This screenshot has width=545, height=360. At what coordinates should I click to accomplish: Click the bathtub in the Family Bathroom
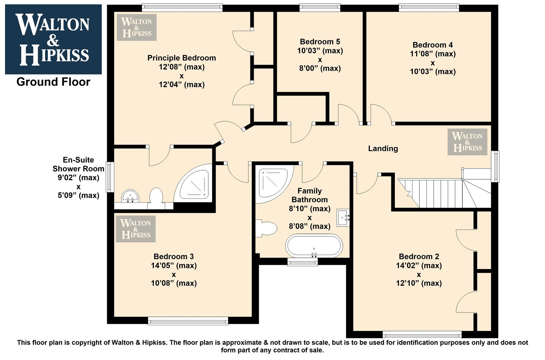click(x=314, y=246)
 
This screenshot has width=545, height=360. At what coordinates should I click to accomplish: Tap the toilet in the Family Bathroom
click(x=266, y=228)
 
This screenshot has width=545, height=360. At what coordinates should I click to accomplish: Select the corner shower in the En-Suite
click(x=193, y=183)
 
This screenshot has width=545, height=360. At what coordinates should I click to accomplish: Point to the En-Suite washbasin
click(x=130, y=196)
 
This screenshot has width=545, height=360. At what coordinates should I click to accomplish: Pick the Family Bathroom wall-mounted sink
click(x=343, y=218)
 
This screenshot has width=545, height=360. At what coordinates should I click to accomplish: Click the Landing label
click(x=383, y=148)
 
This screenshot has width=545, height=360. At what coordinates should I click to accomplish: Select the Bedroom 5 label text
click(x=320, y=42)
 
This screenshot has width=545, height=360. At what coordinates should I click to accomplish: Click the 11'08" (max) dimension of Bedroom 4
click(x=433, y=54)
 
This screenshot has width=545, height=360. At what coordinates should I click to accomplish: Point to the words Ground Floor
click(x=53, y=82)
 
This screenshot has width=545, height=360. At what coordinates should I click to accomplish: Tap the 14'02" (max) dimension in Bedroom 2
click(x=419, y=265)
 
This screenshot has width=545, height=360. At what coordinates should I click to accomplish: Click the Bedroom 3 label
click(x=174, y=256)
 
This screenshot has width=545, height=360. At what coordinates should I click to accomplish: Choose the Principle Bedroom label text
click(x=182, y=58)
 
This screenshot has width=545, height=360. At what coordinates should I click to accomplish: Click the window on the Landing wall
click(x=495, y=166)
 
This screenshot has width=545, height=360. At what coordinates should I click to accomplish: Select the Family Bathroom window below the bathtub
click(x=302, y=262)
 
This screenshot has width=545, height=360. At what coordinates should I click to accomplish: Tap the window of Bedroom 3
click(x=188, y=321)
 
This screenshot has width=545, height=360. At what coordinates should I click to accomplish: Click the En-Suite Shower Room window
click(x=110, y=177)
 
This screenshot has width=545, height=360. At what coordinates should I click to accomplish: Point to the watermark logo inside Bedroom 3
click(x=136, y=229)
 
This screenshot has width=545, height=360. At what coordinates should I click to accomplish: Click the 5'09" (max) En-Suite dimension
click(x=78, y=195)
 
